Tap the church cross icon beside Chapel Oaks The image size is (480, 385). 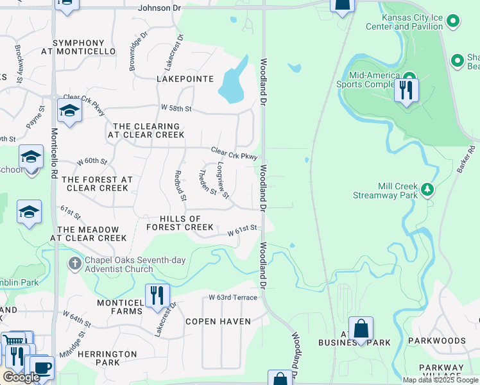pyautogui.click(x=74, y=263)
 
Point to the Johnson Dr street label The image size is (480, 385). pyautogui.click(x=160, y=8)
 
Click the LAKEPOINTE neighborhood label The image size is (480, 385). pyautogui.click(x=185, y=78)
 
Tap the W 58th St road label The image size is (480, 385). pyautogui.click(x=176, y=108)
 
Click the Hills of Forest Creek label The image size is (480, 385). pyautogui.click(x=180, y=223)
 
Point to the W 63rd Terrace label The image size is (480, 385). pyautogui.click(x=233, y=298)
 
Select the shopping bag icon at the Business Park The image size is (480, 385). pyautogui.click(x=361, y=329)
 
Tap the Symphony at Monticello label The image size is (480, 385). pyautogui.click(x=78, y=46)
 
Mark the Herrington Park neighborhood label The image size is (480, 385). pyautogui.click(x=108, y=358)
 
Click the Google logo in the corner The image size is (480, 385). pyautogui.click(x=21, y=377)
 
